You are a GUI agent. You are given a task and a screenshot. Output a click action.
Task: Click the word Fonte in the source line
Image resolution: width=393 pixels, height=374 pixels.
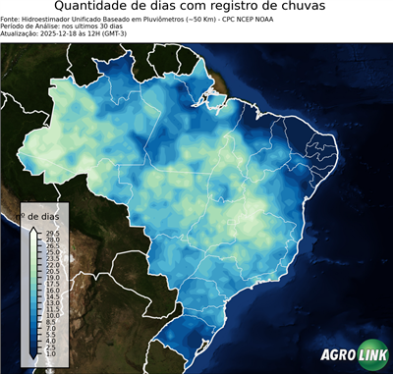click(x=11, y=19)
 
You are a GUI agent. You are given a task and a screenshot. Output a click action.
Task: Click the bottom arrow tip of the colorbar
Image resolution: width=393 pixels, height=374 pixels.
click(x=34, y=357)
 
